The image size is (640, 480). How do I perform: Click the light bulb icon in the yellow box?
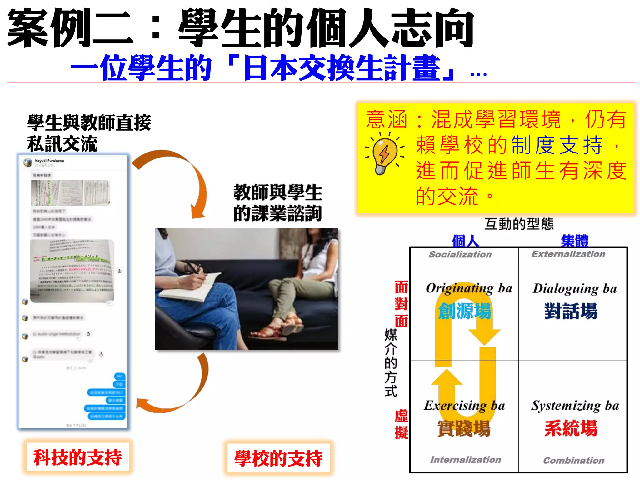coord(385,153)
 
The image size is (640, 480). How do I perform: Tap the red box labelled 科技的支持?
coord(77,457)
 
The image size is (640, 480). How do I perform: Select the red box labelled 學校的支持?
coord(278,458)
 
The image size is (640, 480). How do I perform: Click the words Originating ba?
coord(469,288)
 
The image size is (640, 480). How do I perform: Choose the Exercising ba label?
coord(464,406)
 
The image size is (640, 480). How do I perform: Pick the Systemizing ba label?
coord(575,406)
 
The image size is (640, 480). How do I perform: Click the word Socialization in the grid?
coord(460,255)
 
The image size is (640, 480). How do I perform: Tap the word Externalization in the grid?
coord(568,254)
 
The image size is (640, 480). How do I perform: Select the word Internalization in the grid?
coord(466,460)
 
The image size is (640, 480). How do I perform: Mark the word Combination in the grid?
coord(574,460)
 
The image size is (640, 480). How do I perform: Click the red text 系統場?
coord(571,428)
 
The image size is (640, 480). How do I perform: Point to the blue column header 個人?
coord(465,241)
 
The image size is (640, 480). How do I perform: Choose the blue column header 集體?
coord(574,241)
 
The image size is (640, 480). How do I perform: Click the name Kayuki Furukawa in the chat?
coord(49,161)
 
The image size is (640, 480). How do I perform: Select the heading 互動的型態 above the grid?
coord(519,224)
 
